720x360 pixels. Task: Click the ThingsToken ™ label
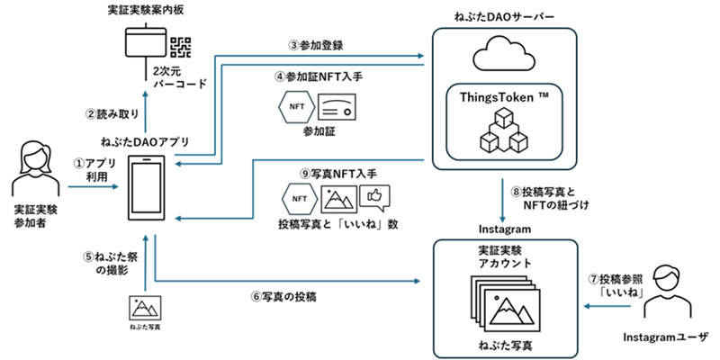pos(504,98)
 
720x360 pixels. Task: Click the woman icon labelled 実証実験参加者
pos(35,169)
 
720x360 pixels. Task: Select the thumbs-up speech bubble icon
pos(374,195)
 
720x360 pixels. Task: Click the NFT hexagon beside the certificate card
pos(297,107)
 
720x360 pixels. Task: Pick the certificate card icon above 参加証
pos(337,107)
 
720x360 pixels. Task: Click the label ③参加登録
pos(316,46)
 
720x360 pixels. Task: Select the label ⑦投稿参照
pos(614,278)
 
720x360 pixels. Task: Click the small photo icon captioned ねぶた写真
pos(146,307)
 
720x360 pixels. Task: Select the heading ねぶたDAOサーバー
pos(504,17)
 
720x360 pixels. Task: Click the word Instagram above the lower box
pos(505,229)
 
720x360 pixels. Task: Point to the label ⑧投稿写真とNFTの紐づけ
pos(548,198)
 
